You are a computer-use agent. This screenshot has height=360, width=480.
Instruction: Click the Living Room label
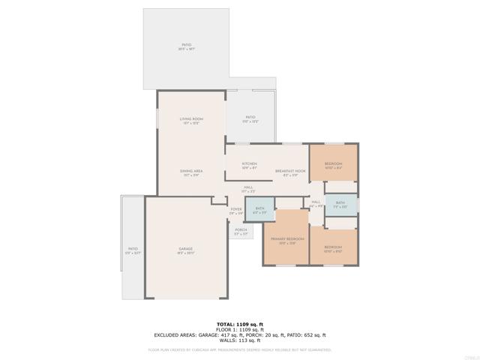click(x=191, y=119)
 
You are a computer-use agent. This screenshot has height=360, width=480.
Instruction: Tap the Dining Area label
click(x=189, y=172)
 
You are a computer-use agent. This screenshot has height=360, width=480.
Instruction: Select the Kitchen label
click(x=250, y=164)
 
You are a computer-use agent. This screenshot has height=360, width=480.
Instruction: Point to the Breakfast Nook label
click(x=290, y=172)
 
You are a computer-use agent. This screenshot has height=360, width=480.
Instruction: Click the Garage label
click(x=185, y=249)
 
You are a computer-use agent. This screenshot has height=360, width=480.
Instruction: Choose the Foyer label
click(x=236, y=210)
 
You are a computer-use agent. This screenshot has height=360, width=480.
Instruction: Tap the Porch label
click(x=241, y=230)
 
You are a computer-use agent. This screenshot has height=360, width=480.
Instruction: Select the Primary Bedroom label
click(x=286, y=239)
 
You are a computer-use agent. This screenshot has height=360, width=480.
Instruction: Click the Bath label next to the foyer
click(x=259, y=209)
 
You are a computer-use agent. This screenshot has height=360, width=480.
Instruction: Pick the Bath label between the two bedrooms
click(x=340, y=203)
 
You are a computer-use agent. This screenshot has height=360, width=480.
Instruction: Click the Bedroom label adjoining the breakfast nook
click(x=333, y=164)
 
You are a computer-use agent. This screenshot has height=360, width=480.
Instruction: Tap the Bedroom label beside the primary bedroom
click(x=333, y=247)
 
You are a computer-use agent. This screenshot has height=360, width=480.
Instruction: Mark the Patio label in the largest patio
click(x=186, y=45)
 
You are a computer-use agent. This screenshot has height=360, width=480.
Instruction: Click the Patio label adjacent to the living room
click(x=250, y=117)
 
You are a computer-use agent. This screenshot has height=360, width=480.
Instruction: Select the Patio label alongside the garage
click(x=133, y=249)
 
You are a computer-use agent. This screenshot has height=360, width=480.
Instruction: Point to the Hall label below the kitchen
click(x=247, y=187)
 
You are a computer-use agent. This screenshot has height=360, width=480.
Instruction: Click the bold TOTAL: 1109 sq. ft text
click(x=239, y=324)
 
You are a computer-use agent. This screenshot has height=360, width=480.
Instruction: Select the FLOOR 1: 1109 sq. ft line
click(x=239, y=329)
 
